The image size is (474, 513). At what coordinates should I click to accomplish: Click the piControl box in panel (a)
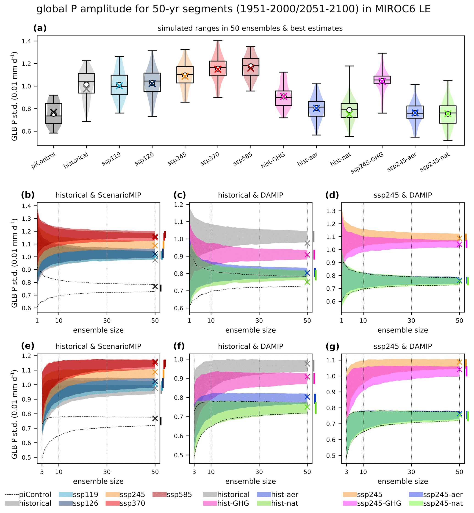[x=53, y=113]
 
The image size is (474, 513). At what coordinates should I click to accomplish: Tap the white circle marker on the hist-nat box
[x=349, y=110]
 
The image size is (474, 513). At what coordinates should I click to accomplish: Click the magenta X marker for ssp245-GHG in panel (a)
[x=382, y=81]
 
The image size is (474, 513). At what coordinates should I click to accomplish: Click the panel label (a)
[x=40, y=28]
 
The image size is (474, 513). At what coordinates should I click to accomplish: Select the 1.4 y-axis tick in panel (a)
[x=26, y=41]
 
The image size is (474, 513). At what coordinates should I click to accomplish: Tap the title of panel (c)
[x=250, y=195]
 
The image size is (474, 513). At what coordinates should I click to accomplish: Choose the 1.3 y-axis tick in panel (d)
[x=331, y=211]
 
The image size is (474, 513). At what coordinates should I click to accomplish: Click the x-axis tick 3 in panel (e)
[x=42, y=472]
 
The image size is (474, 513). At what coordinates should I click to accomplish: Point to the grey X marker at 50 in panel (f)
[x=307, y=364]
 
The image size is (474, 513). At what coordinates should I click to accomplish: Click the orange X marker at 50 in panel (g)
[x=459, y=362]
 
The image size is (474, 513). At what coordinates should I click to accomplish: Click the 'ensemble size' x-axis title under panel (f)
[x=250, y=481]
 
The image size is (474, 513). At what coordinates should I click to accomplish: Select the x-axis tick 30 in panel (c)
[x=259, y=320]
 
